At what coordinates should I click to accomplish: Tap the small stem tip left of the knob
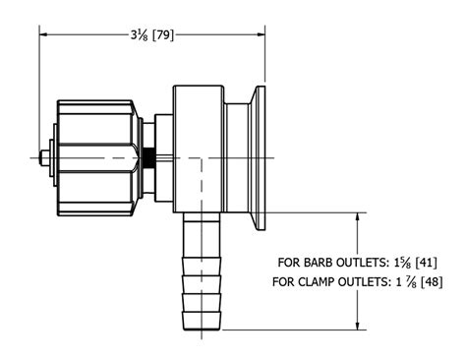(46, 157)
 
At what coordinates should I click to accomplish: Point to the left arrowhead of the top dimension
(44, 33)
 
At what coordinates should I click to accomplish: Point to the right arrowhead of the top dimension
(262, 33)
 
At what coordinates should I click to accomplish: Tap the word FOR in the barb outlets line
(290, 263)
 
